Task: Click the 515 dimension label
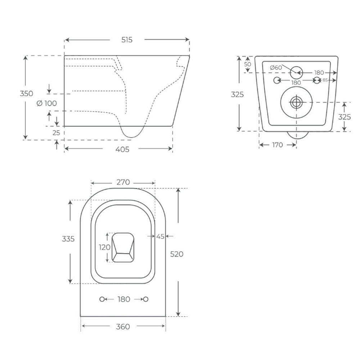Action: click(127, 40)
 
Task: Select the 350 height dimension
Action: click(26, 94)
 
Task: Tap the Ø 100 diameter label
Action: click(46, 103)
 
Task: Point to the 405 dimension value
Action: click(122, 149)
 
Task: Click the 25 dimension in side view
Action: click(56, 133)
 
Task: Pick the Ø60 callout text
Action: click(276, 68)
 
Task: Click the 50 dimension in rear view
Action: click(248, 64)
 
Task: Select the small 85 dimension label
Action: click(325, 80)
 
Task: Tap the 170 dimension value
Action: click(277, 145)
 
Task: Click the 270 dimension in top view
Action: click(123, 182)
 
